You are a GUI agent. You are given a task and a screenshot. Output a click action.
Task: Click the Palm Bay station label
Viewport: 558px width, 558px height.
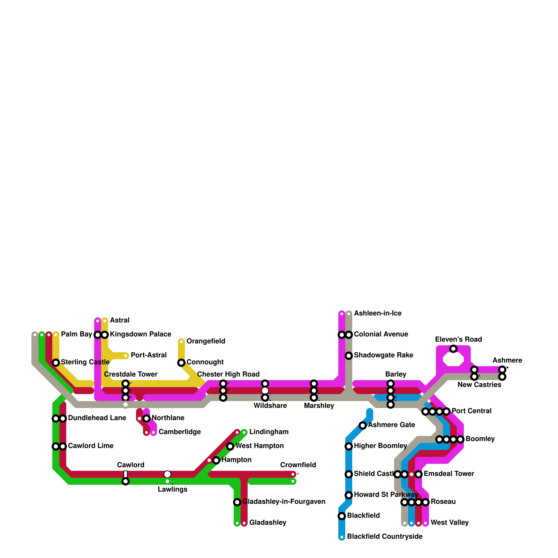click(76, 334)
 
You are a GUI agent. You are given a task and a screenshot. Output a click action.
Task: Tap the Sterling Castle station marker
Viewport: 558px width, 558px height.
click(56, 363)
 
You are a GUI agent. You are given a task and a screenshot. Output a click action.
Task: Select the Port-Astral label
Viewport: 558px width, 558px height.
click(149, 355)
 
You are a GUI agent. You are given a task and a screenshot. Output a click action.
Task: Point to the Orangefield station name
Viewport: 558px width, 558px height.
click(206, 341)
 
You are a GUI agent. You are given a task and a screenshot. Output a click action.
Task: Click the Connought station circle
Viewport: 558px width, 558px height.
click(181, 363)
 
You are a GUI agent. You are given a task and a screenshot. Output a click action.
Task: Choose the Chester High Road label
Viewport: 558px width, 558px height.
click(228, 375)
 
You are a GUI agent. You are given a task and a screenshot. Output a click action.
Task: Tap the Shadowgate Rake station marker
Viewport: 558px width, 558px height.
click(349, 356)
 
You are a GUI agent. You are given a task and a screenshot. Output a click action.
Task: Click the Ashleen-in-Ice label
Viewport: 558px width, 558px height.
click(378, 314)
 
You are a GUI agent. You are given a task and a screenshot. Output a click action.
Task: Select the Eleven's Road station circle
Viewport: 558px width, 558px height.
click(453, 349)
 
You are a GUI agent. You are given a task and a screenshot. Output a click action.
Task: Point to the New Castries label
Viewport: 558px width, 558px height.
click(479, 385)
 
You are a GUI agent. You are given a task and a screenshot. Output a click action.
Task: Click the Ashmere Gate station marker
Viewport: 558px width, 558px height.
click(363, 425)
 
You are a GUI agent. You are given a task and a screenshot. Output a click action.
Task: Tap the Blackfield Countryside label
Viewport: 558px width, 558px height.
click(385, 537)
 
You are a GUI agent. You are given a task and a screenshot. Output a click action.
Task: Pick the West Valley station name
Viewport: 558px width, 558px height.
click(450, 523)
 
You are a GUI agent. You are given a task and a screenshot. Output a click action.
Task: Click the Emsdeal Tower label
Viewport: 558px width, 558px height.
click(449, 474)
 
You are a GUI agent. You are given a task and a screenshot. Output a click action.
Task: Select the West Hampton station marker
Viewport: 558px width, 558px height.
click(230, 446)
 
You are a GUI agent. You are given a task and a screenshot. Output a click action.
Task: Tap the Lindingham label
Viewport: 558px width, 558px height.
click(269, 432)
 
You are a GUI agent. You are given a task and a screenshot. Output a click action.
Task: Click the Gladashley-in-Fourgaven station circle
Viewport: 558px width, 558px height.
click(237, 502)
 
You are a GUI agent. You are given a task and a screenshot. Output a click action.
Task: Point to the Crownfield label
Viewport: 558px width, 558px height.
click(298, 465)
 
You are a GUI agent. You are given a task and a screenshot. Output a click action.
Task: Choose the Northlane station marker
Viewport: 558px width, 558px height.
click(146, 418)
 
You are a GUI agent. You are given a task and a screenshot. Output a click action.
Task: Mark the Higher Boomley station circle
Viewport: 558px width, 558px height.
click(349, 446)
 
